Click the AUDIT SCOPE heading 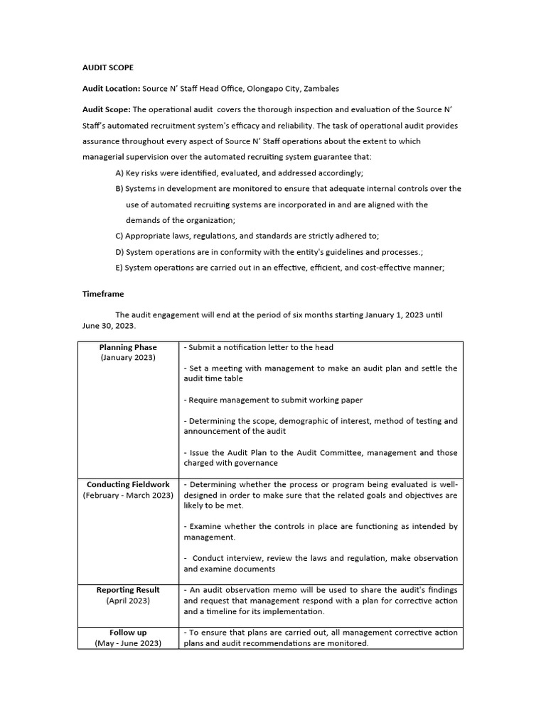tap(107, 67)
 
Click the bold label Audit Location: tap(111, 89)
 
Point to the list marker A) tap(119, 173)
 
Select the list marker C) tap(119, 236)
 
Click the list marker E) tap(119, 268)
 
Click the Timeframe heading tap(104, 293)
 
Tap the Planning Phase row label tap(128, 347)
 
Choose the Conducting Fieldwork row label tap(128, 484)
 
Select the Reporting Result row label tap(128, 590)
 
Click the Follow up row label tap(128, 633)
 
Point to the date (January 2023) tap(128, 358)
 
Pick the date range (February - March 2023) tap(128, 495)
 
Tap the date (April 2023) tap(128, 601)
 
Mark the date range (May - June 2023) tap(128, 643)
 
